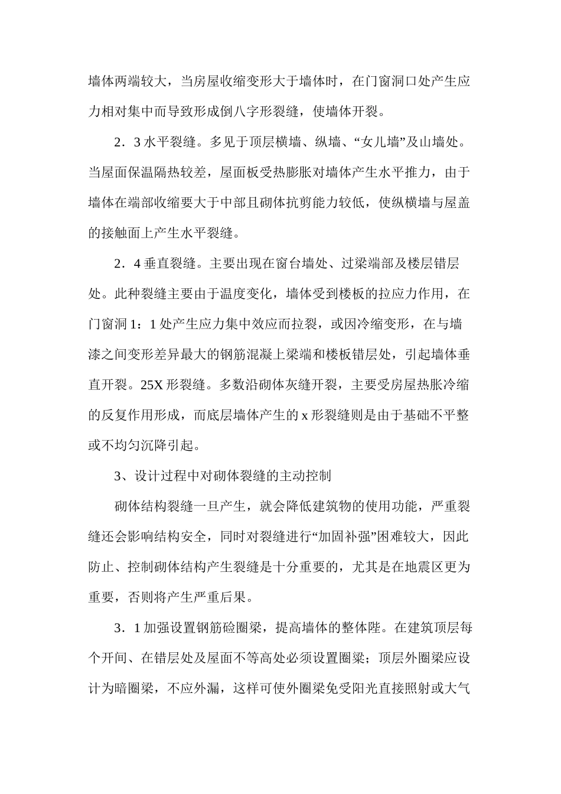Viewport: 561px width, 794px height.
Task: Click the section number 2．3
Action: [x=127, y=142]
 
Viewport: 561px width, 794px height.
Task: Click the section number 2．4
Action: [x=127, y=263]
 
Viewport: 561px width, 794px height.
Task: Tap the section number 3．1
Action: [x=127, y=628]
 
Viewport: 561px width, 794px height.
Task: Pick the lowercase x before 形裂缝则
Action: [x=305, y=415]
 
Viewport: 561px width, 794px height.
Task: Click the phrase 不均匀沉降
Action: [x=135, y=445]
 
